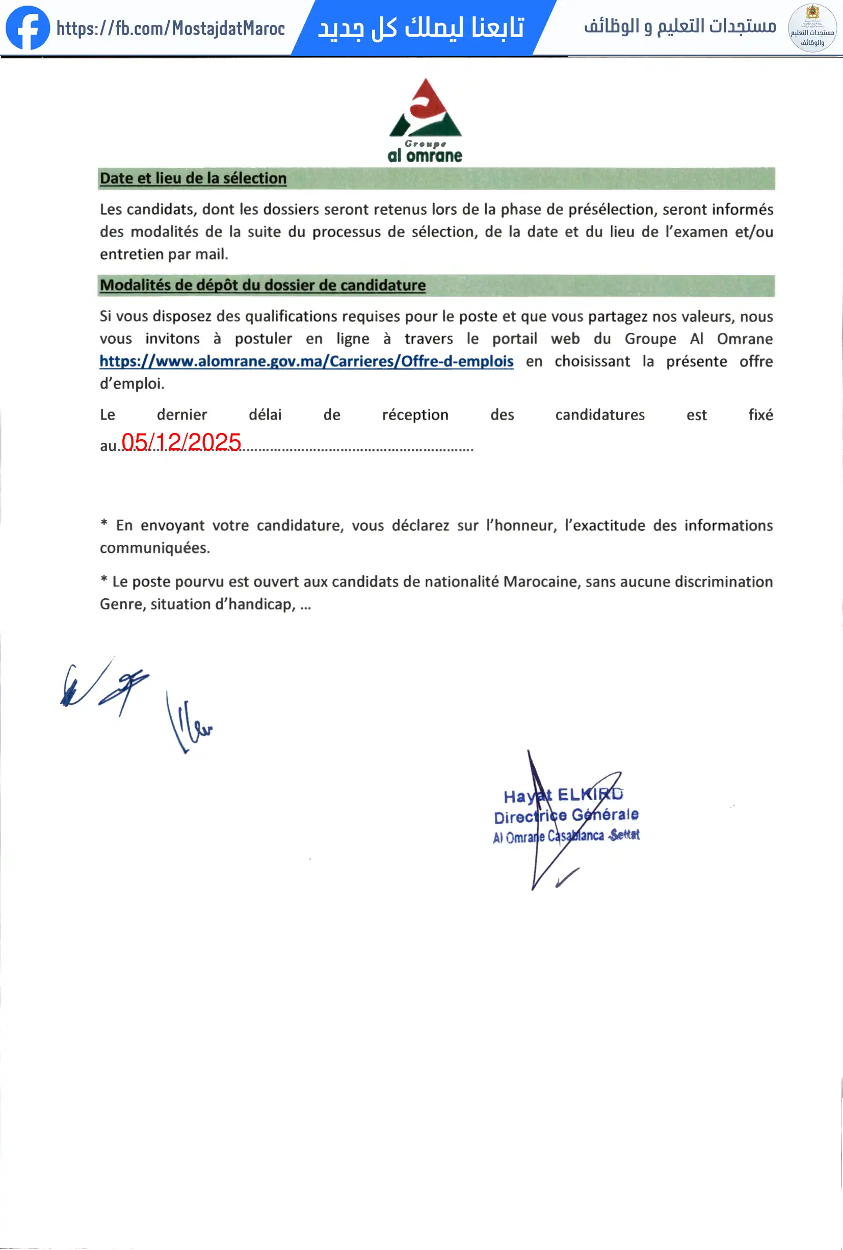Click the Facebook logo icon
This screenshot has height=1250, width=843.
coord(28,28)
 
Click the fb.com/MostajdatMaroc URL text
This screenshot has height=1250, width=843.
coord(170,28)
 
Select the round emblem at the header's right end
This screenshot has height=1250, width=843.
coord(812,28)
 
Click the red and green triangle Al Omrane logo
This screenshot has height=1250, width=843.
coord(425,108)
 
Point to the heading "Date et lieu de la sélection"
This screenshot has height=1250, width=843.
coord(193,178)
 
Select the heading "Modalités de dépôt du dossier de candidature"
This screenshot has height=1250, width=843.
coord(262,285)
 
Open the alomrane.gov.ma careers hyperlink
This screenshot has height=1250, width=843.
coord(306,361)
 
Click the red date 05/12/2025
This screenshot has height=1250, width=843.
coord(181,442)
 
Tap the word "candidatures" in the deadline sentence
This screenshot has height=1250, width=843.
coord(599,415)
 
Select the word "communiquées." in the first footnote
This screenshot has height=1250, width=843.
coord(155,548)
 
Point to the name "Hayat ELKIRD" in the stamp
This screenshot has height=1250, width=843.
coord(563,795)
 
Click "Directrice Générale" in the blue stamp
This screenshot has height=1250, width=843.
coord(566,816)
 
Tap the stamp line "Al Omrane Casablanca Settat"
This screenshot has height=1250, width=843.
coord(566,836)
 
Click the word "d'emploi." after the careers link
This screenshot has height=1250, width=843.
coord(132,384)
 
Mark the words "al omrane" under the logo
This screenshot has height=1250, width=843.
coord(425,156)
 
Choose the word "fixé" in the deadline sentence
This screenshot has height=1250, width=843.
coord(760,415)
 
